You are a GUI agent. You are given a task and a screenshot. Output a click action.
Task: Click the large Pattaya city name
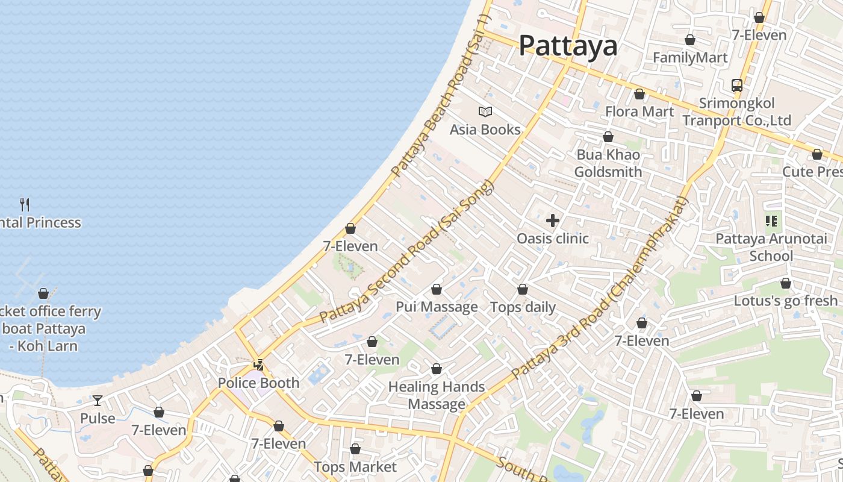click(568, 46)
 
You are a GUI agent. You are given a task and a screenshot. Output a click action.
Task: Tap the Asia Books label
click(485, 130)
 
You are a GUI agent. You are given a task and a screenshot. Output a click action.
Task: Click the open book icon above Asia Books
click(485, 111)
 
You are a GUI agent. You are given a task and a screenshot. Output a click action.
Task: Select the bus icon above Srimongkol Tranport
click(737, 86)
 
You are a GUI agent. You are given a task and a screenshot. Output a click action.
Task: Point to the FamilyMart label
click(690, 58)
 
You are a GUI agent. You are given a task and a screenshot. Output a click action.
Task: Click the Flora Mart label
click(639, 111)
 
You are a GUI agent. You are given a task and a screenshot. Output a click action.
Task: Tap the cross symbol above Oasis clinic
click(553, 221)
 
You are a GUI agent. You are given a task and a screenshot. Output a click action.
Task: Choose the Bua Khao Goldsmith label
click(608, 163)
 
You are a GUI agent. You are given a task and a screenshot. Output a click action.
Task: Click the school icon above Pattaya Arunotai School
click(771, 221)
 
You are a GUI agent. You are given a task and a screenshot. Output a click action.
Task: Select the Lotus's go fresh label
click(785, 301)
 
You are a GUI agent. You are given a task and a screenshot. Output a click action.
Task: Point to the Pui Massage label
click(437, 307)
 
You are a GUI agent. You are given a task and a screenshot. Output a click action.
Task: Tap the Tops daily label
click(523, 307)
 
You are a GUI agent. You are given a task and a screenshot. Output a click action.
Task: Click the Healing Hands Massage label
click(437, 395)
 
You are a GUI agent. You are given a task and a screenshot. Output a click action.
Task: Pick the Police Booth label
click(258, 383)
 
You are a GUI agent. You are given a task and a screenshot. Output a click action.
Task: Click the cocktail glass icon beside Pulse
click(98, 401)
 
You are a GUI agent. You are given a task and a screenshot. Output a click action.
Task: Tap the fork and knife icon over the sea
click(25, 205)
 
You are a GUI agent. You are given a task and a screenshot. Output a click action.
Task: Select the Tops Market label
click(355, 467)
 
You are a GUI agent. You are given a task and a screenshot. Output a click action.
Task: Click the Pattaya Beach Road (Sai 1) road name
click(441, 96)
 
